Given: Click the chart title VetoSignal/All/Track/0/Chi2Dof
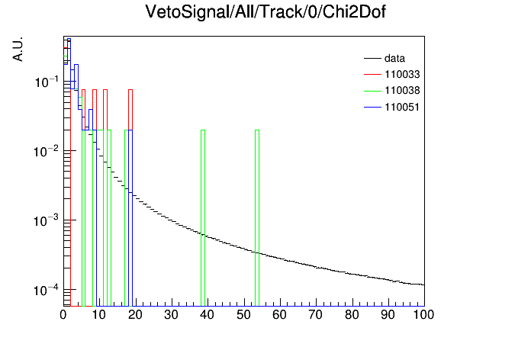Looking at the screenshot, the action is (265, 12).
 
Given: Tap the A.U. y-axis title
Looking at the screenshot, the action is (18, 50).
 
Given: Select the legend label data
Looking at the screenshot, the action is (394, 59).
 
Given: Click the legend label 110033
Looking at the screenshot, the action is (402, 75).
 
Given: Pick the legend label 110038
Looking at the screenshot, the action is (402, 91).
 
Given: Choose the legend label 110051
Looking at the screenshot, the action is (402, 108).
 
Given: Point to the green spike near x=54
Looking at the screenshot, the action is (257, 218).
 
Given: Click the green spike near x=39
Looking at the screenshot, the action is (203, 218).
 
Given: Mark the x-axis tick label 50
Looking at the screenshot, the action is (244, 315).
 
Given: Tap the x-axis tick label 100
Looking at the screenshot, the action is (423, 315).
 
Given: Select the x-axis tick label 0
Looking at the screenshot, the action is (63, 315).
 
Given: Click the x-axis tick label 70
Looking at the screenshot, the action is (316, 315).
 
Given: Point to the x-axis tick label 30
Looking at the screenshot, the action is (172, 315).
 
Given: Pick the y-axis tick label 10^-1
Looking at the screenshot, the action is (47, 82).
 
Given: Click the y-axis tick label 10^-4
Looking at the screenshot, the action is (47, 290).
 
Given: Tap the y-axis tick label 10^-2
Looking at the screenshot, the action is (47, 151).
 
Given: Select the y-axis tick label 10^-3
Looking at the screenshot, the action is (47, 221).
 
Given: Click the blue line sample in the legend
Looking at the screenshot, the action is (372, 108).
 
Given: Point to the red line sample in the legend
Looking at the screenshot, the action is (372, 75).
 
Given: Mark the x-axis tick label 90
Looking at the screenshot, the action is (388, 315).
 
